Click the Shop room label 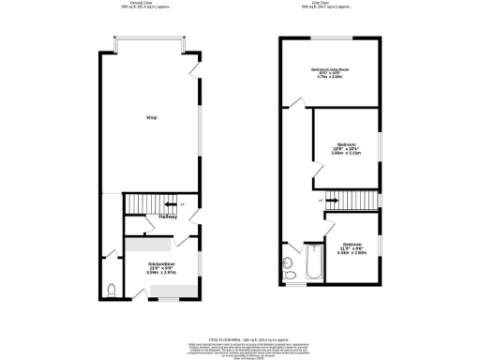pyautogui.click(x=150, y=118)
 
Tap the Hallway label pyautogui.click(x=169, y=218)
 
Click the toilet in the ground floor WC pyautogui.click(x=112, y=290)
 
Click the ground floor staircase pyautogui.click(x=147, y=203)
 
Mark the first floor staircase pyautogui.click(x=348, y=199)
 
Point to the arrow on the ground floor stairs pyautogui.click(x=171, y=202)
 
